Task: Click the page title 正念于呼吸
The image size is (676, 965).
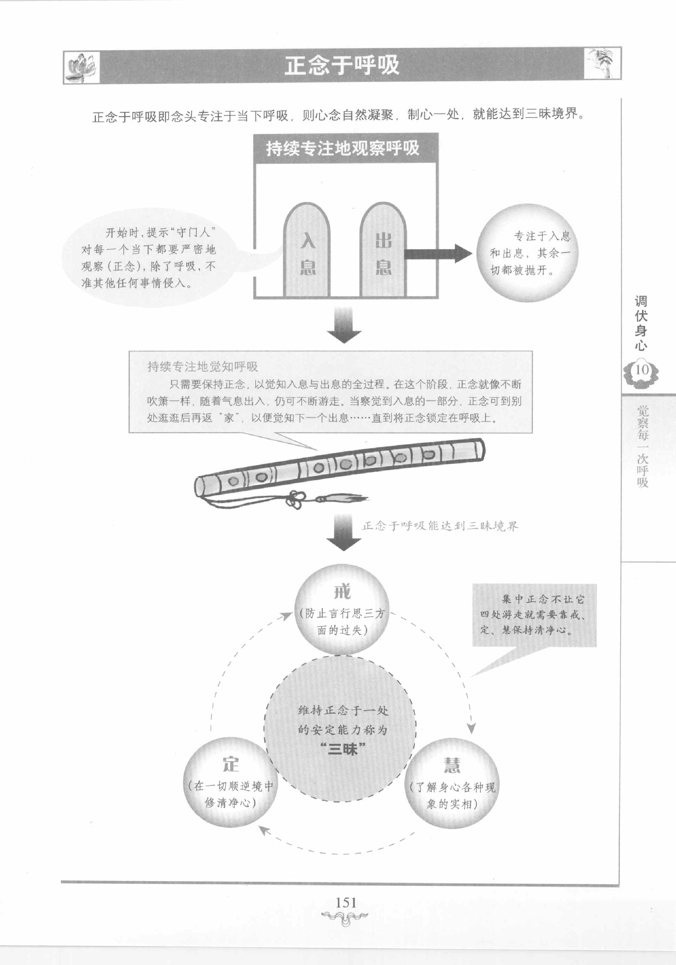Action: [342, 65]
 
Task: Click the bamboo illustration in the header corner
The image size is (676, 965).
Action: [602, 63]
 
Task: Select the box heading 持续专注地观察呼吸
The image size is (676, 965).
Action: [343, 148]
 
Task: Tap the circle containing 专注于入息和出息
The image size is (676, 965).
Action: [527, 253]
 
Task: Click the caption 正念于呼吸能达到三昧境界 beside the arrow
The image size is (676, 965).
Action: [440, 526]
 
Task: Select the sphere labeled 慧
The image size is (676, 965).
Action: [452, 783]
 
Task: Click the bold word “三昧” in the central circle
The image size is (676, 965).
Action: [342, 749]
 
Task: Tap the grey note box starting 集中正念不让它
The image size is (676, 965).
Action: [534, 614]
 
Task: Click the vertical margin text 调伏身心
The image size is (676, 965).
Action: [641, 323]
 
